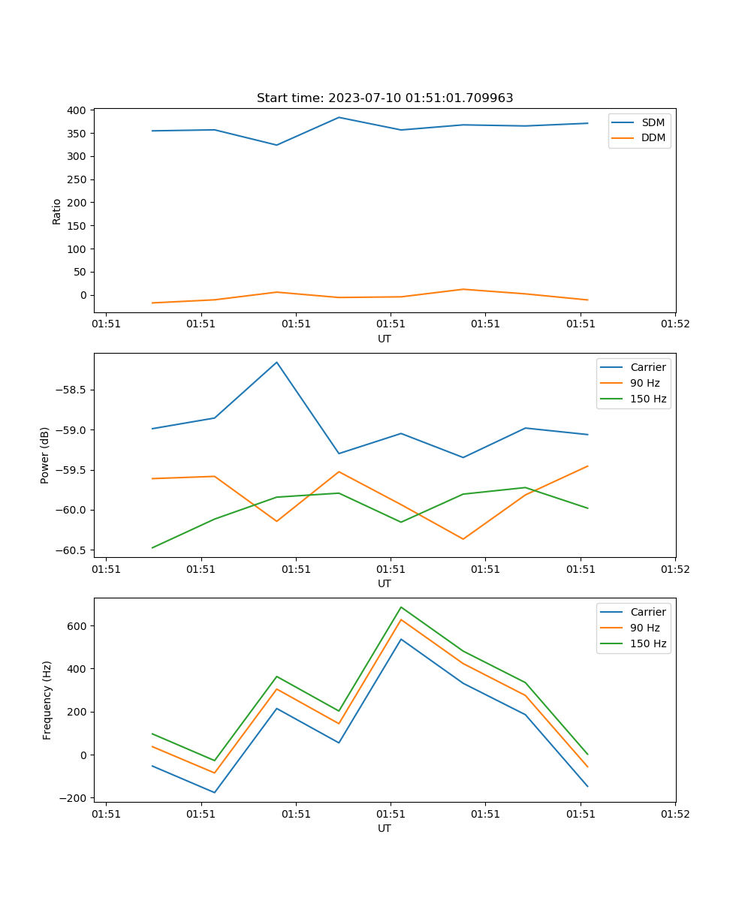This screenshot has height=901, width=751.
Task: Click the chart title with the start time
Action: (x=385, y=98)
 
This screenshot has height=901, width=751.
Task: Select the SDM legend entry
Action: (x=653, y=122)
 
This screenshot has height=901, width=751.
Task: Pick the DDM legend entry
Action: (x=653, y=138)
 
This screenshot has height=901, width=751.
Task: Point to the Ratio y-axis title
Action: (x=57, y=212)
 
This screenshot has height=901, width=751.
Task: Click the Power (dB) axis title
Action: (x=45, y=455)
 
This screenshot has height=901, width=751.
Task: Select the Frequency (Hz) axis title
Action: (x=47, y=700)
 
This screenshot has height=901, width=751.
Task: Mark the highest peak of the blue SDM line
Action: (x=339, y=117)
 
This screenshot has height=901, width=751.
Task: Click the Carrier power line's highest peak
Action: (x=276, y=362)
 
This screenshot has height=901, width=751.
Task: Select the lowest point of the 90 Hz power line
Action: (x=463, y=539)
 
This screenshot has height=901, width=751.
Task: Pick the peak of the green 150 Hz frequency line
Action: (x=401, y=607)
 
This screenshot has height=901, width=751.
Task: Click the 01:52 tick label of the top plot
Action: (x=674, y=324)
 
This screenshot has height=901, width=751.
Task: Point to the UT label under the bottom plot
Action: (x=385, y=828)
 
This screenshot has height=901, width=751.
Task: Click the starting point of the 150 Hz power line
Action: (x=152, y=547)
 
